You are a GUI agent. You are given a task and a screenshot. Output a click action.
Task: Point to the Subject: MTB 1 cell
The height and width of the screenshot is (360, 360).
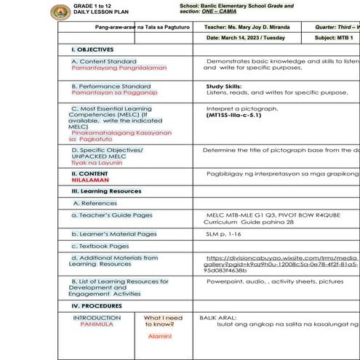pos(334,37)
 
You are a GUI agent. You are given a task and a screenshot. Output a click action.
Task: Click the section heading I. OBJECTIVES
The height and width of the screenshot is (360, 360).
pos(92,49)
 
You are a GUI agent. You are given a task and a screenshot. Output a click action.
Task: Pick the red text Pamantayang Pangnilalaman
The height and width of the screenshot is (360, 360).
pos(119,68)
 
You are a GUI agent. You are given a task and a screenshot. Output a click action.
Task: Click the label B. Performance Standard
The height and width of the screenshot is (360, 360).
pos(111,86)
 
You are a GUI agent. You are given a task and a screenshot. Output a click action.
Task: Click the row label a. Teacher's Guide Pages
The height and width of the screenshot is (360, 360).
pos(112,215)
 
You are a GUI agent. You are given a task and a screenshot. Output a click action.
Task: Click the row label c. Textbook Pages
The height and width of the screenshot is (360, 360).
pos(100,246)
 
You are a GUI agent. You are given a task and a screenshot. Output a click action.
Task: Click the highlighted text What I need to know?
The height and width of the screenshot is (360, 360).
pos(164,321)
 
